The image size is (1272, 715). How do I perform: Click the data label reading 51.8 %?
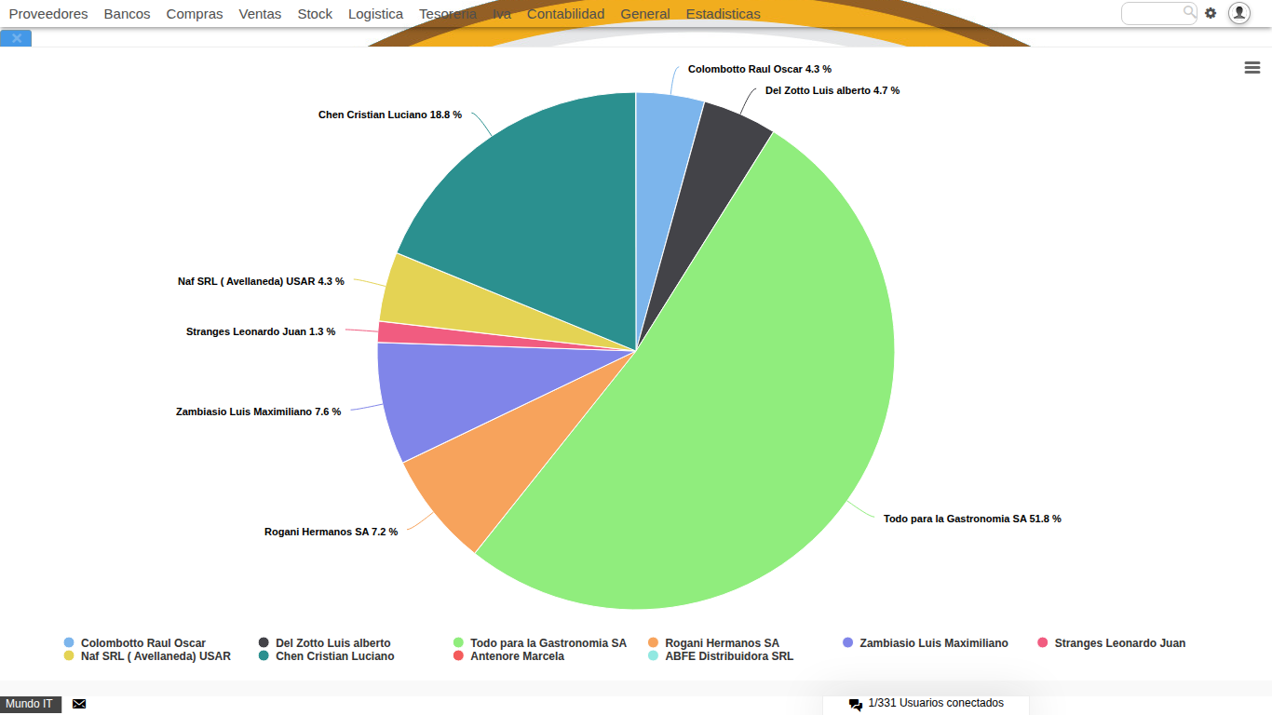971,519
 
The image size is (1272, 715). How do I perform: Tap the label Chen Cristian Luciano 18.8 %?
389,115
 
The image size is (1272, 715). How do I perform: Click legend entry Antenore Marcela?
517,656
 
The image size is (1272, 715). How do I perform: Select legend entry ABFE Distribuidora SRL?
728,656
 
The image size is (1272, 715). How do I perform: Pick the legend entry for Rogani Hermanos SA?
721,643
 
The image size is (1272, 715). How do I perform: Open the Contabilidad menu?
565,14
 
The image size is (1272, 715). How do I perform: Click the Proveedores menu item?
48,14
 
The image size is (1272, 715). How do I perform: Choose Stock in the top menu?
315,14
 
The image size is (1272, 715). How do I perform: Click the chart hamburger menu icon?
1252,68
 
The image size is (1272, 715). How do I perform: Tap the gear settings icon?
1211,13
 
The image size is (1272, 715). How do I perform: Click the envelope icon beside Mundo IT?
79,704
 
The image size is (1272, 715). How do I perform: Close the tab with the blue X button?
16,38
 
